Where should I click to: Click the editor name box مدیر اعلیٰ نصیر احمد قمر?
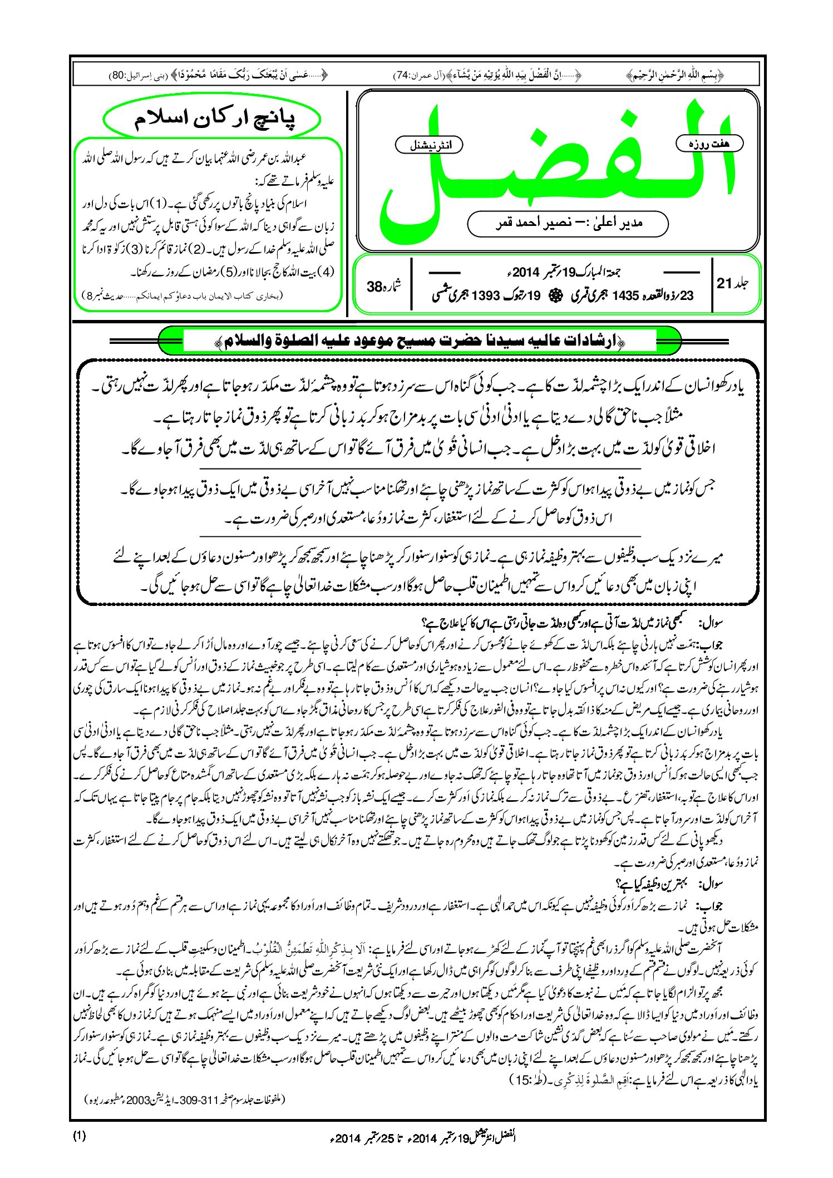pyautogui.click(x=568, y=224)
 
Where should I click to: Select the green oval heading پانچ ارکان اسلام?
pyautogui.click(x=213, y=119)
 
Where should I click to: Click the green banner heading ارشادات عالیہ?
pyautogui.click(x=420, y=341)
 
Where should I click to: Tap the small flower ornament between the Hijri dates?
pyautogui.click(x=554, y=295)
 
